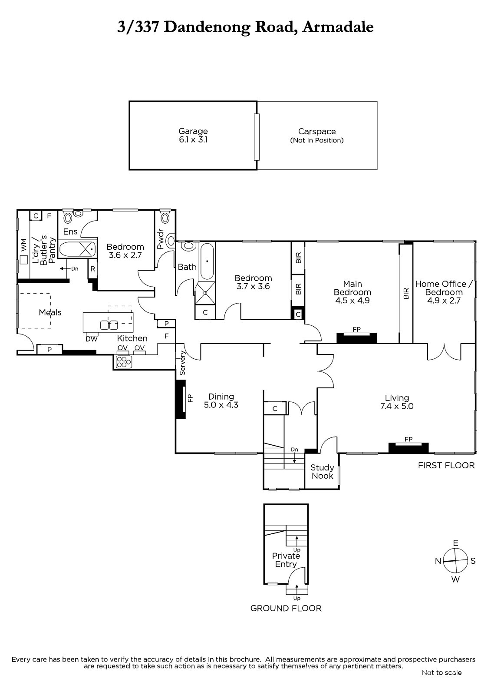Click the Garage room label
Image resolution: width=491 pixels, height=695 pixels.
[x=193, y=131]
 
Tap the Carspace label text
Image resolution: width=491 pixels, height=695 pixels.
[x=316, y=132]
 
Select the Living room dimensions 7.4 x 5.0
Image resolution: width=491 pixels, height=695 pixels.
[x=397, y=406]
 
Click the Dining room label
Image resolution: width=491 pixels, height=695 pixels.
[x=221, y=397]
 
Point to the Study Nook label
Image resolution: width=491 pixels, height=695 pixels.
[x=322, y=472]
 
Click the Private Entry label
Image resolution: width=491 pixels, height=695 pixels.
[x=286, y=560]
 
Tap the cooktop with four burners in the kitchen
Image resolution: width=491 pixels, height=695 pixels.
[x=123, y=362]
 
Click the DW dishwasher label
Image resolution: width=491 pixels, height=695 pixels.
[x=92, y=339]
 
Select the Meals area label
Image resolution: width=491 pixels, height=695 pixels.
[x=50, y=312]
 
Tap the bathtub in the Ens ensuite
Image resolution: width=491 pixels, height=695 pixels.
[x=77, y=249]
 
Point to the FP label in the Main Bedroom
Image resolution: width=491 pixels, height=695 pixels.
[x=356, y=330]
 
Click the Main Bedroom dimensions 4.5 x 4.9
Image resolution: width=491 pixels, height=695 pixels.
[x=353, y=300]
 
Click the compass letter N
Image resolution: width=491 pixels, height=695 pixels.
[x=438, y=561]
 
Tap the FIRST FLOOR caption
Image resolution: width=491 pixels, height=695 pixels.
[x=446, y=465]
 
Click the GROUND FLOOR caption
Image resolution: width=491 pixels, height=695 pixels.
[x=286, y=608]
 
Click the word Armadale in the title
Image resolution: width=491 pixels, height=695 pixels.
[x=338, y=27]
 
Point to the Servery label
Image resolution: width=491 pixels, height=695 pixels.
[x=182, y=363]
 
